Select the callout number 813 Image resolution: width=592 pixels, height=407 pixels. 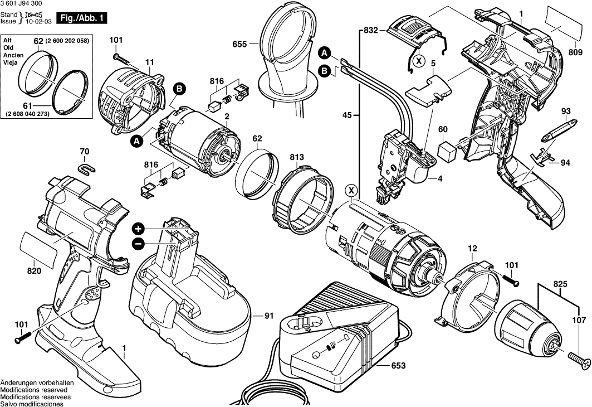(296, 158)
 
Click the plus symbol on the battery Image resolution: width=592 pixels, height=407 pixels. (138, 229)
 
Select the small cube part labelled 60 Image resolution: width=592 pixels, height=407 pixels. (447, 149)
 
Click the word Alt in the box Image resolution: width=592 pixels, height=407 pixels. (8, 41)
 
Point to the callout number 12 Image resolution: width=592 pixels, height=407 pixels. (472, 248)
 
